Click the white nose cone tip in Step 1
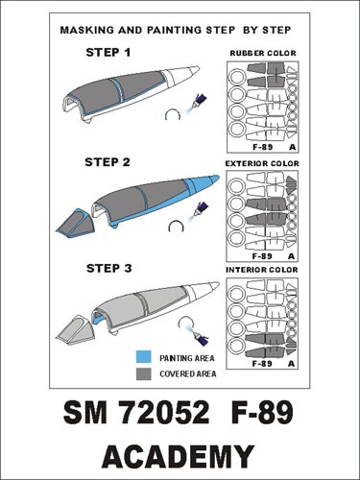[193, 73]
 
